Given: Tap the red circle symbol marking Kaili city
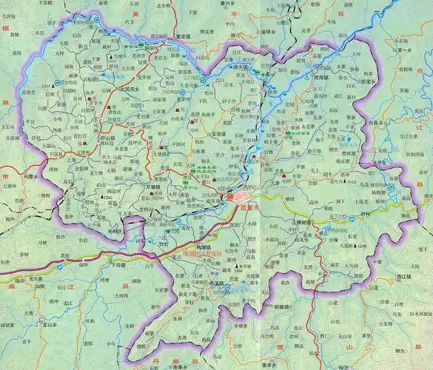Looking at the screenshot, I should click(x=229, y=198).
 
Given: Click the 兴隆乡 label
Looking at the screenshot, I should click(x=29, y=177).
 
